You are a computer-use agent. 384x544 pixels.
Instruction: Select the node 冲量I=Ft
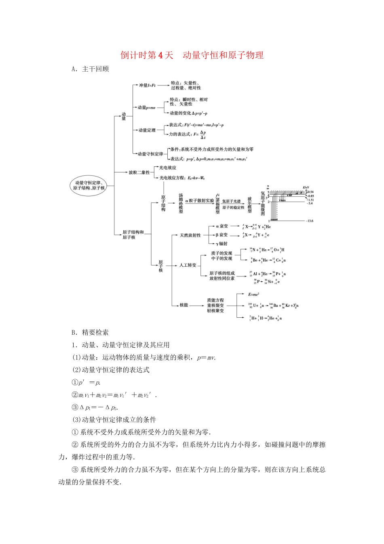click(x=147, y=85)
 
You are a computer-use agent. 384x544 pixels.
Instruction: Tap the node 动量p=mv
click(x=146, y=108)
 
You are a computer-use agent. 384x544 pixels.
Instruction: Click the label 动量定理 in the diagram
click(x=147, y=130)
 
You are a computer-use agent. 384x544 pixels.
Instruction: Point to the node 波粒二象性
click(x=139, y=172)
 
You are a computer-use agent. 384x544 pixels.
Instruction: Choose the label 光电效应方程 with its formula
click(x=182, y=178)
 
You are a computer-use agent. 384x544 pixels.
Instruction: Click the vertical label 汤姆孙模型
click(x=181, y=203)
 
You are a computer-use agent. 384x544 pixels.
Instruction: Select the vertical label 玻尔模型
click(x=249, y=205)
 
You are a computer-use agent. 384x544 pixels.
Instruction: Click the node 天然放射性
click(x=190, y=235)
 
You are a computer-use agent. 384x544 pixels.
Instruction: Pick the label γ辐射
click(x=222, y=244)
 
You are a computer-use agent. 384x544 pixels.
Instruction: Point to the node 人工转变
click(x=188, y=265)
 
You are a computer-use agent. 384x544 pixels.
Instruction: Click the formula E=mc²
click(x=253, y=294)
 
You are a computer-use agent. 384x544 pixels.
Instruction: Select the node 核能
click(x=184, y=305)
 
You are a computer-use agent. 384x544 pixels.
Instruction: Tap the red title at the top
click(x=192, y=55)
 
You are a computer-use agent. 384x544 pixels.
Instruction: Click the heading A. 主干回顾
click(x=90, y=69)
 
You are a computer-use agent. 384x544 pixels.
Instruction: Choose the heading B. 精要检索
click(x=90, y=332)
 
